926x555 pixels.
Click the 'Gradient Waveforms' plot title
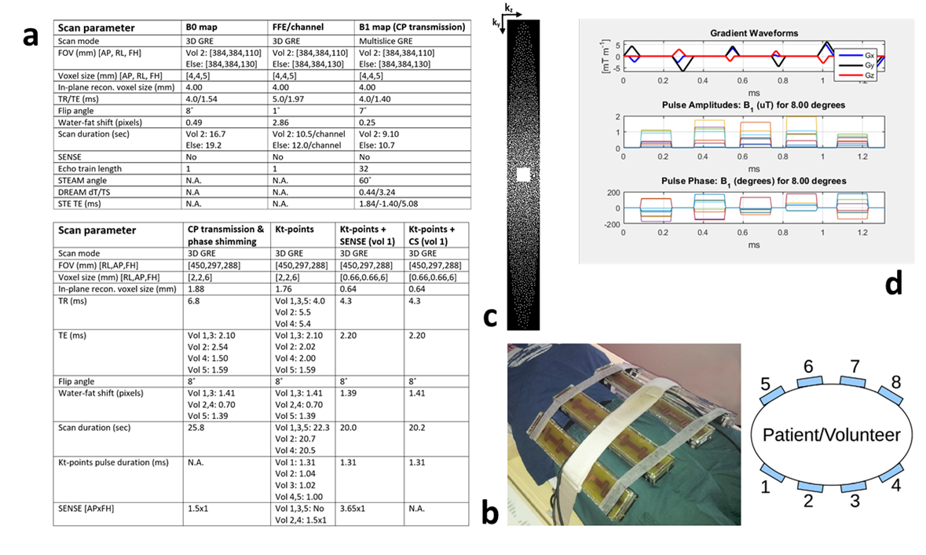pos(755,33)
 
